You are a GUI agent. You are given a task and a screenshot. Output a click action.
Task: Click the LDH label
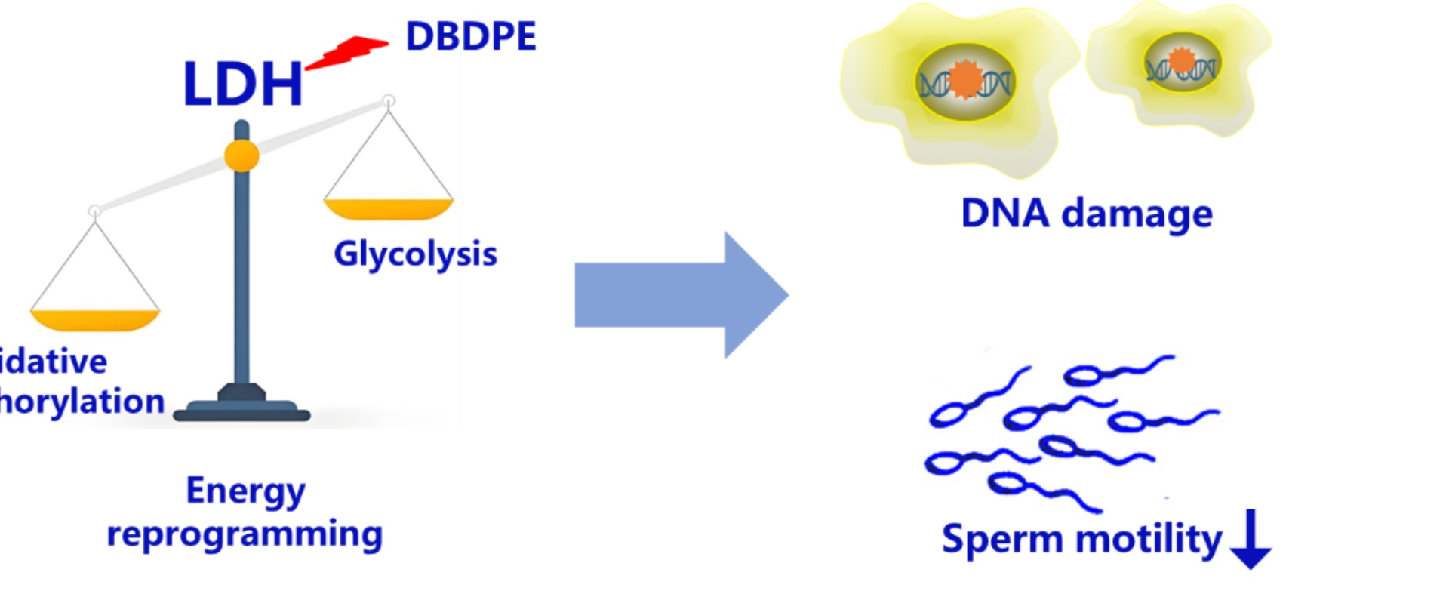[x=242, y=84]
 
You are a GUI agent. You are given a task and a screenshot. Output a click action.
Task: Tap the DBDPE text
[x=471, y=36]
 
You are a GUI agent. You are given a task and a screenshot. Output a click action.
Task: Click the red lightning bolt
[x=348, y=52]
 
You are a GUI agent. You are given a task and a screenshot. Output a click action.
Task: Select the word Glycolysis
[x=415, y=254]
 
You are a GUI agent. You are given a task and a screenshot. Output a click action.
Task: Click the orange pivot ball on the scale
[x=241, y=156]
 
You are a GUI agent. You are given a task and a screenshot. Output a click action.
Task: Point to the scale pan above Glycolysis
[x=388, y=208]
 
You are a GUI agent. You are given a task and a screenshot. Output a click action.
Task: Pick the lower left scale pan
[x=94, y=319]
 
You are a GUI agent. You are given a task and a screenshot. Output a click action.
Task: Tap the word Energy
[x=246, y=491]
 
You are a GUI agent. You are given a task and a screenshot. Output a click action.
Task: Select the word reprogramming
[x=245, y=534]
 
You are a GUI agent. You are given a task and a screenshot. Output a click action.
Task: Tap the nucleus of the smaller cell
[x=1181, y=63]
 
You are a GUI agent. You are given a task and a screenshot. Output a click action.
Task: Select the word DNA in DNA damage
[x=1004, y=213]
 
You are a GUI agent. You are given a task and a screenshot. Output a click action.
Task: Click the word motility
[x=1148, y=539]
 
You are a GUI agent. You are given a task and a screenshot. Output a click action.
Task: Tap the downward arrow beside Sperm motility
[x=1251, y=539]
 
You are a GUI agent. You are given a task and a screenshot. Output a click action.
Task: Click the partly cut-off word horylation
[x=82, y=402]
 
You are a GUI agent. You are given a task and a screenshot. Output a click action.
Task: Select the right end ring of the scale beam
[x=389, y=101]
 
